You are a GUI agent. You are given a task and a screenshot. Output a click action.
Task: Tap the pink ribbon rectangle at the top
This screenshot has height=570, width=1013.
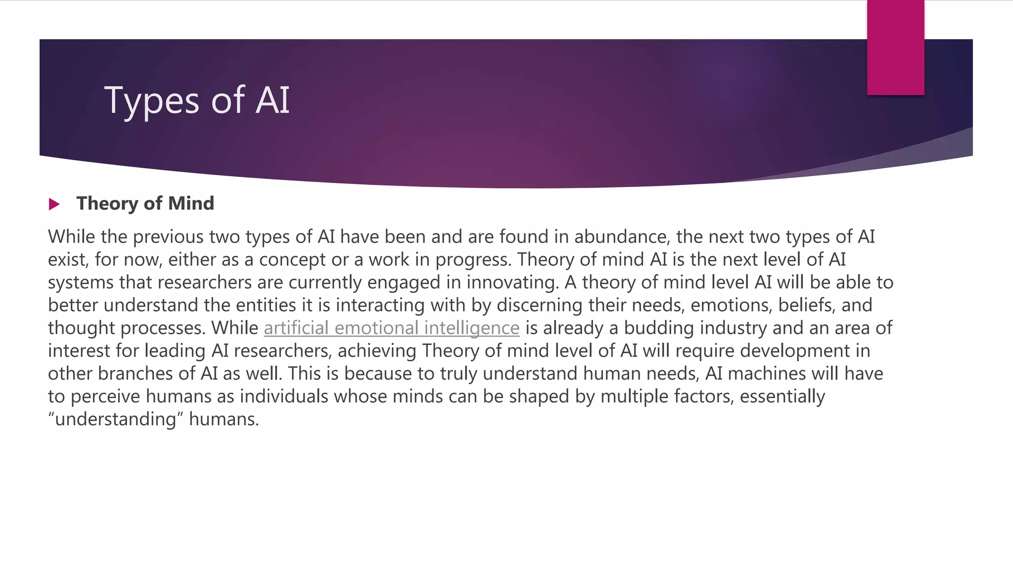pyautogui.click(x=895, y=47)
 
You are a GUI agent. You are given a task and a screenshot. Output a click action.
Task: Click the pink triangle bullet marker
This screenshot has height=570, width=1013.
pyautogui.click(x=54, y=204)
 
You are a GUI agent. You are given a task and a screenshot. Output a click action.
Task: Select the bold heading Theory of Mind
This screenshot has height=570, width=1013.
pyautogui.click(x=145, y=203)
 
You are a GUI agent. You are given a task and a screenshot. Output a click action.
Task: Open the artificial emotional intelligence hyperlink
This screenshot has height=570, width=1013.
pyautogui.click(x=391, y=328)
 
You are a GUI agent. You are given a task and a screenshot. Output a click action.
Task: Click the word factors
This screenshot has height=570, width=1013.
pyautogui.click(x=706, y=396)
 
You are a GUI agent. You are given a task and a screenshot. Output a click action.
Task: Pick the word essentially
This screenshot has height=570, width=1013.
pyautogui.click(x=783, y=396)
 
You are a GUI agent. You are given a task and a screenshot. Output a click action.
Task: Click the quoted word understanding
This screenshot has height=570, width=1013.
pyautogui.click(x=115, y=419)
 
